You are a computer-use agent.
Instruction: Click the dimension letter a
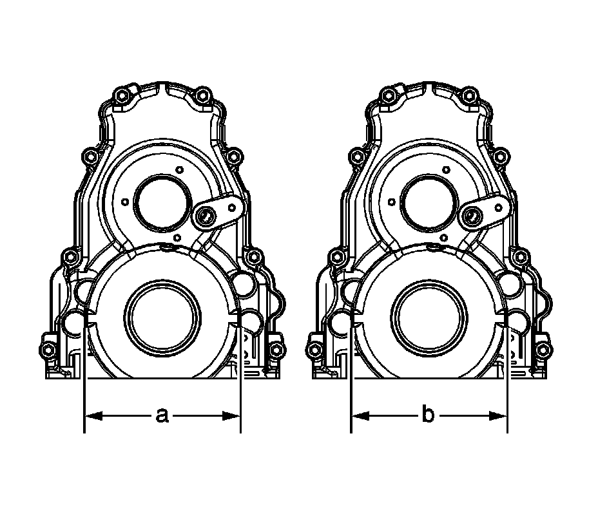pos(162,415)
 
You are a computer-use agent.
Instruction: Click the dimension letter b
pos(429,414)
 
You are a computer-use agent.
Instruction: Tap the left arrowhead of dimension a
pos(93,416)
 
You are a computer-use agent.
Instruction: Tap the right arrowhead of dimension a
pos(231,416)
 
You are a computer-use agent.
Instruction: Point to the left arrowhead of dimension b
pos(360,416)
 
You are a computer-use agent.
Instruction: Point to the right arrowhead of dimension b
pos(498,416)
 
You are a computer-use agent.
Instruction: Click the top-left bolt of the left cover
pos(122,96)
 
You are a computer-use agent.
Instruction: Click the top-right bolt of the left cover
pos(202,95)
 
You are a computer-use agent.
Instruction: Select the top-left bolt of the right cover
pos(388,96)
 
